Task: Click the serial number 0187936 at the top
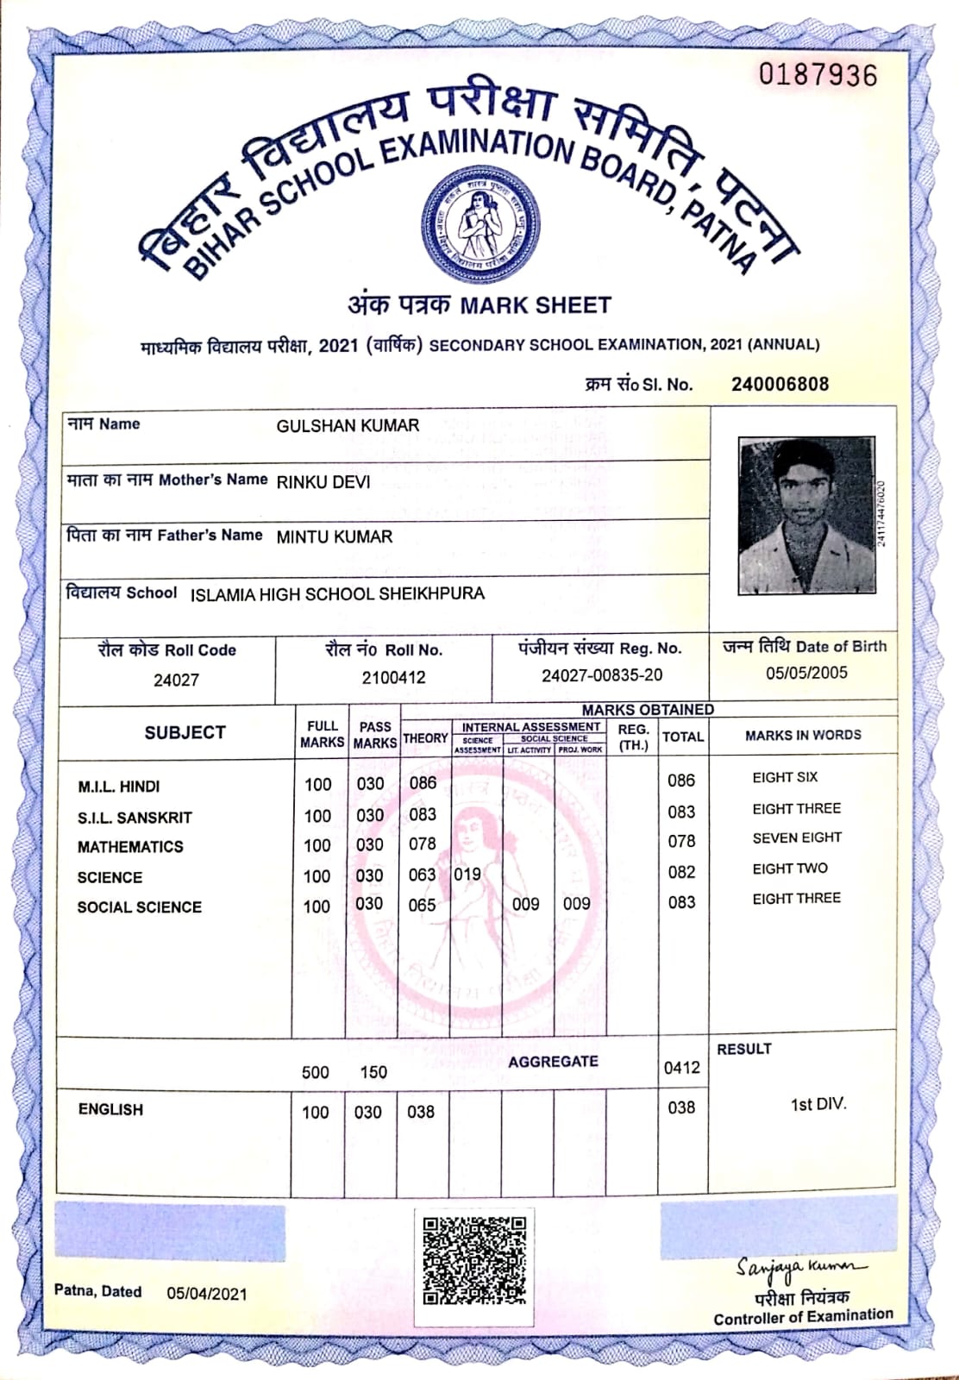point(818,76)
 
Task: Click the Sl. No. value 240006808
point(780,385)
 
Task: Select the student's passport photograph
point(807,516)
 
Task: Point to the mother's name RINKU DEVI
point(323,482)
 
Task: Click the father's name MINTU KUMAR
point(335,536)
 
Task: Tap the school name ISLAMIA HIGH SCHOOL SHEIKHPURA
point(337,594)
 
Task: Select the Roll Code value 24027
point(176,680)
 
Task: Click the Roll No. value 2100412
point(394,678)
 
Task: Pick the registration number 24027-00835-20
point(602,675)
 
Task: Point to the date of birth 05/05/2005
point(806,673)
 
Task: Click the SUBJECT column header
point(185,732)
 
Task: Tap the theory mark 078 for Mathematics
point(423,844)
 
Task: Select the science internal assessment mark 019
point(467,874)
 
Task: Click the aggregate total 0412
point(681,1068)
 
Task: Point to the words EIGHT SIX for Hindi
point(785,777)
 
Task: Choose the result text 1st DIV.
point(818,1104)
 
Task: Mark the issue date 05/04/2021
point(207,1294)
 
